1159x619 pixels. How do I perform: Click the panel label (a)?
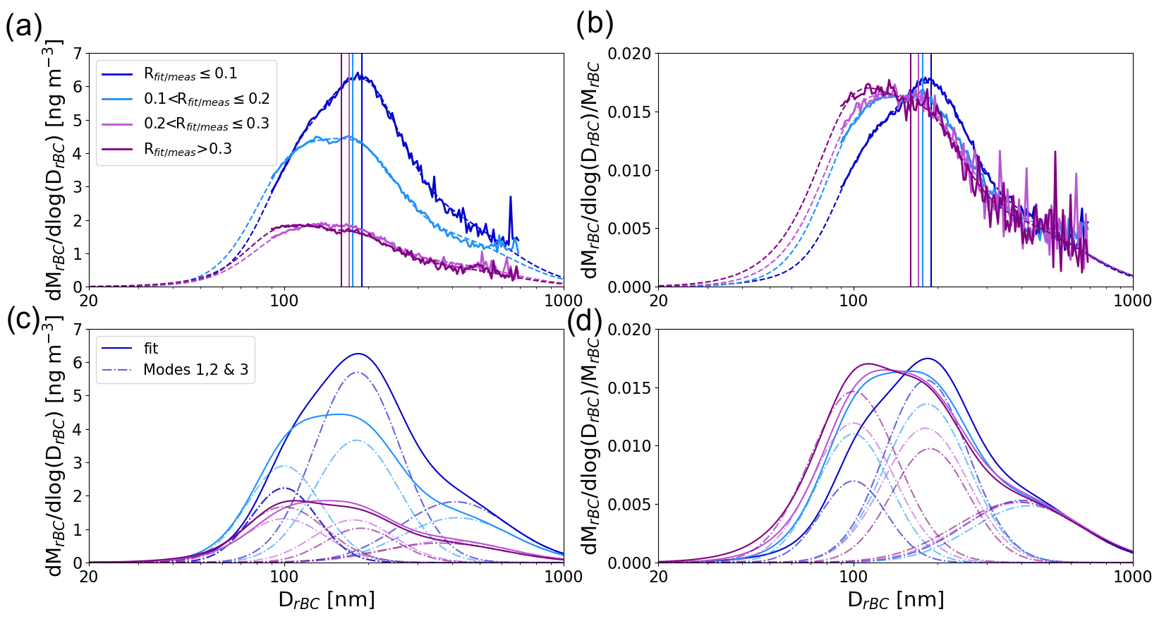point(23,27)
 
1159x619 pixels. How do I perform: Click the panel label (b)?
point(595,25)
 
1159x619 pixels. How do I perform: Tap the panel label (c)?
point(23,319)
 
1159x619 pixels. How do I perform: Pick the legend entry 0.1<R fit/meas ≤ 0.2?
point(207,100)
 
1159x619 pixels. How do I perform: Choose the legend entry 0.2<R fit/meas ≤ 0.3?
point(207,124)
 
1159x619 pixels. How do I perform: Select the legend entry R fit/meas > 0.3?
point(188,150)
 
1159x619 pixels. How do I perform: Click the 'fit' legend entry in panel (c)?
point(150,349)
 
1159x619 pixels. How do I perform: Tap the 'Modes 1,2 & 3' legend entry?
point(195,370)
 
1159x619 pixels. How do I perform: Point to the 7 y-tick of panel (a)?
point(77,54)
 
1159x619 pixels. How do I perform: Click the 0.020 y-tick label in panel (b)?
point(629,54)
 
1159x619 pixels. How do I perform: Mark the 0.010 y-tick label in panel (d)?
point(629,446)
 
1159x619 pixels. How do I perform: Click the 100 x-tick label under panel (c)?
point(284,577)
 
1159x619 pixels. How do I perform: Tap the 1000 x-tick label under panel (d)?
point(1132,577)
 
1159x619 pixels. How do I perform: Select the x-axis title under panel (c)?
point(327,601)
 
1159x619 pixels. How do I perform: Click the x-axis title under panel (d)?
point(896,601)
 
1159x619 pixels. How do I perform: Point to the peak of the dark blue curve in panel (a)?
point(358,73)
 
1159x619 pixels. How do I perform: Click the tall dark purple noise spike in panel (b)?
point(1055,152)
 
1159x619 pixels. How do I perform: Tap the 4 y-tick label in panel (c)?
point(77,429)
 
